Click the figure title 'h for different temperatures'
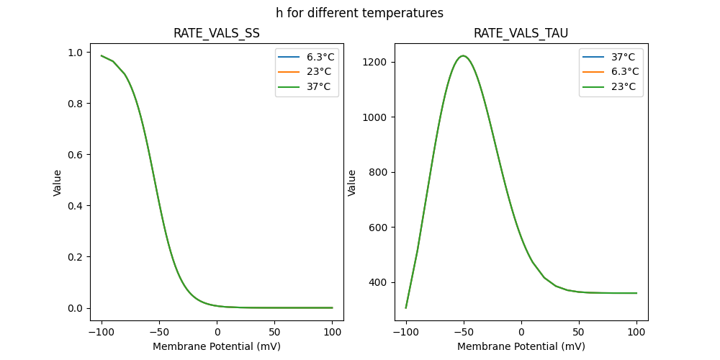coord(359,13)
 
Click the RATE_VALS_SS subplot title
coord(217,34)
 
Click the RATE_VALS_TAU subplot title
coord(521,34)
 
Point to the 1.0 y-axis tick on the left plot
coord(75,53)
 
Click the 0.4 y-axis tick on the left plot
coord(75,206)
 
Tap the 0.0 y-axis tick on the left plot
coord(75,308)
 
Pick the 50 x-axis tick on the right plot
coord(579,332)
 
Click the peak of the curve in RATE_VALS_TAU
coord(463,55)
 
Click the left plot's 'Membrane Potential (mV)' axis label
coord(217,346)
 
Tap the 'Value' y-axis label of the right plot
coord(352,183)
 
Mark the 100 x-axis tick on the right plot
coord(636,332)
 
